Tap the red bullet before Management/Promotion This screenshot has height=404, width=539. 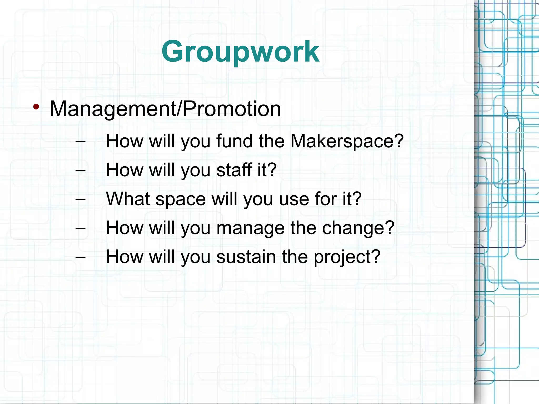36,107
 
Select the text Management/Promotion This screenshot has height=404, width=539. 165,109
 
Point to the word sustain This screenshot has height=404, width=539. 246,257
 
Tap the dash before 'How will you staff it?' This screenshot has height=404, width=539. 80,170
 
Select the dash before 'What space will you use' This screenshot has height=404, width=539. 80,199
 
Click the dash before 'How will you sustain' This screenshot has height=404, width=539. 80,257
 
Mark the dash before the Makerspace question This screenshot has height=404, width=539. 80,142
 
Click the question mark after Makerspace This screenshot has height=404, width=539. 398,141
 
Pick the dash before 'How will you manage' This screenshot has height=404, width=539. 80,228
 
